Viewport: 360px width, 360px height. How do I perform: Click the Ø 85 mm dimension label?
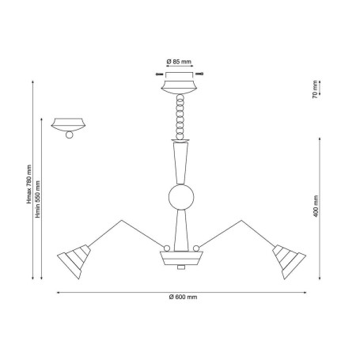179,62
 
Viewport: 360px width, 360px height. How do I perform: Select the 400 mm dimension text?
316,207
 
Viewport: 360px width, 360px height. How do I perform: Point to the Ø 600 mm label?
183,297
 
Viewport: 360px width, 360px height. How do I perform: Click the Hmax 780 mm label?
28,184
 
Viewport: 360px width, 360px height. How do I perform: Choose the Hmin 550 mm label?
38,199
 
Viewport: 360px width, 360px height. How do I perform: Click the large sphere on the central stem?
181,197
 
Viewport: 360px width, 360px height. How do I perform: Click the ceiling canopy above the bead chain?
180,87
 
